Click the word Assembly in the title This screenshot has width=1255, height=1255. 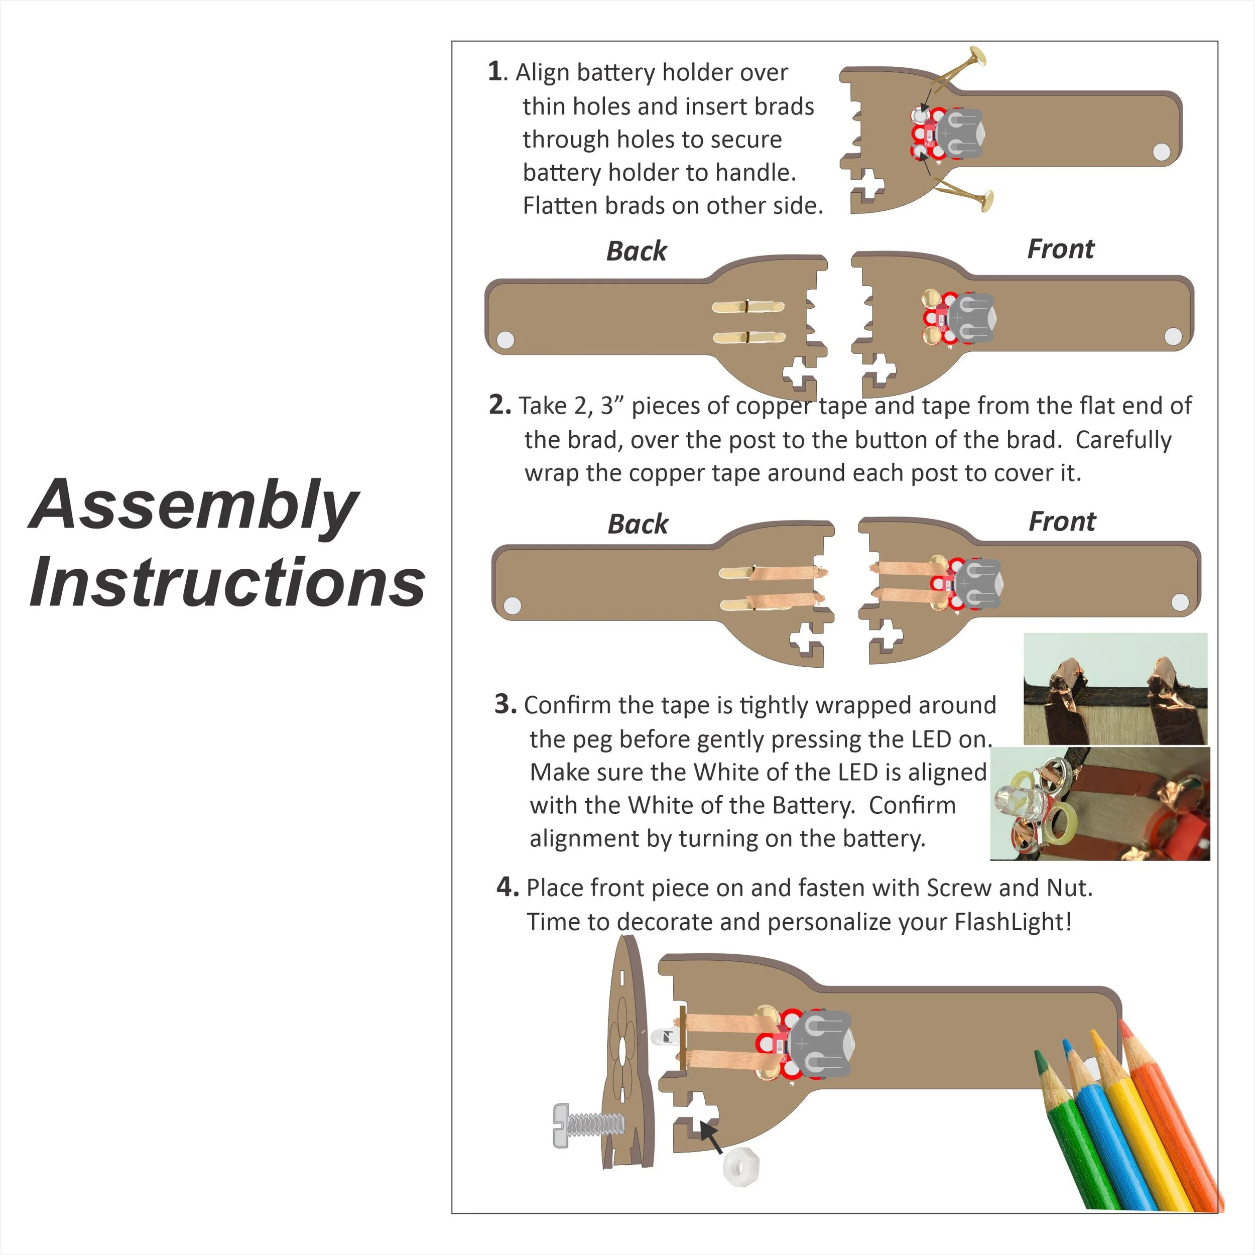pyautogui.click(x=194, y=506)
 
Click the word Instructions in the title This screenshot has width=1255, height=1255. pyautogui.click(x=227, y=583)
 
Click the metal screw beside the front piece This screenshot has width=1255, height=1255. pyautogui.click(x=588, y=1125)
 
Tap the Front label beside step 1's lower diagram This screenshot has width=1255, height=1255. pyautogui.click(x=1060, y=249)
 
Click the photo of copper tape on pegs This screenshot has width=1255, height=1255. pyautogui.click(x=1114, y=689)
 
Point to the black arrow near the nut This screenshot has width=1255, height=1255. pyautogui.click(x=711, y=1138)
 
